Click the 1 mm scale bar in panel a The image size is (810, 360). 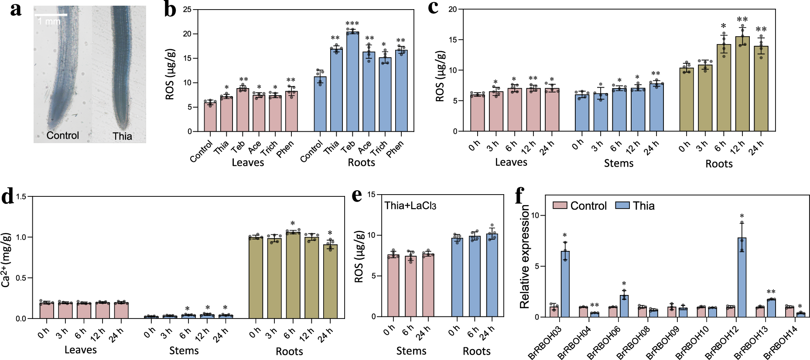pyautogui.click(x=51, y=15)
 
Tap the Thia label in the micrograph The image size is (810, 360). pyautogui.click(x=122, y=136)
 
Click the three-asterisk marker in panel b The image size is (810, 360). pyautogui.click(x=352, y=24)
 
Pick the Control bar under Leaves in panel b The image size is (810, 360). pyautogui.click(x=210, y=117)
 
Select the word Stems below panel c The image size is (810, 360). pyautogui.click(x=619, y=163)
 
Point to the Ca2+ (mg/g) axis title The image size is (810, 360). pyautogui.click(x=6, y=260)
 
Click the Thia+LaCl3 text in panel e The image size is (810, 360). pyautogui.click(x=410, y=206)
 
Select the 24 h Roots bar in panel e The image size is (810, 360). pyautogui.click(x=492, y=276)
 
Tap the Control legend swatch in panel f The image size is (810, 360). pyautogui.click(x=560, y=206)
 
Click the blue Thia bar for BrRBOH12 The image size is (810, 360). pyautogui.click(x=742, y=278)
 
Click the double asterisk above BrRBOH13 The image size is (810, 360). pyautogui.click(x=771, y=292)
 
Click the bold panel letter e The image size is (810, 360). pyautogui.click(x=357, y=195)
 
